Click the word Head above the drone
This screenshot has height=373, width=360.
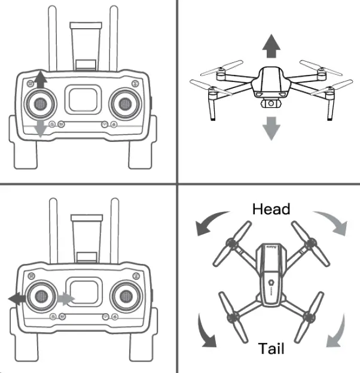(271, 209)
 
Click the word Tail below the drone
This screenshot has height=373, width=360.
(271, 349)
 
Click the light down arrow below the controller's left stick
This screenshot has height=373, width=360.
(40, 127)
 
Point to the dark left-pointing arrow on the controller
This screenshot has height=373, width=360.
(17, 297)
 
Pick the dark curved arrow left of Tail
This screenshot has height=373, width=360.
(206, 334)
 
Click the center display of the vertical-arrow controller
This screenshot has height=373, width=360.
(83, 98)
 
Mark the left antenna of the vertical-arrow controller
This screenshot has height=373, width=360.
(52, 36)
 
